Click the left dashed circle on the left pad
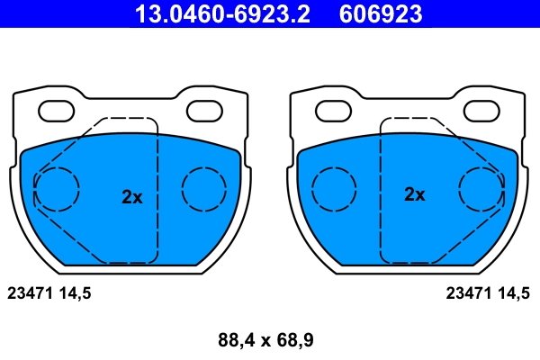pyautogui.click(x=57, y=189)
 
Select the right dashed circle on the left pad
pyautogui.click(x=205, y=189)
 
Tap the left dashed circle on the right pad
pyautogui.click(x=334, y=189)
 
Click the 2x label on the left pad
pyautogui.click(x=132, y=197)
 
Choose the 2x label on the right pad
pyautogui.click(x=414, y=194)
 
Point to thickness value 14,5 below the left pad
pyautogui.click(x=76, y=292)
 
